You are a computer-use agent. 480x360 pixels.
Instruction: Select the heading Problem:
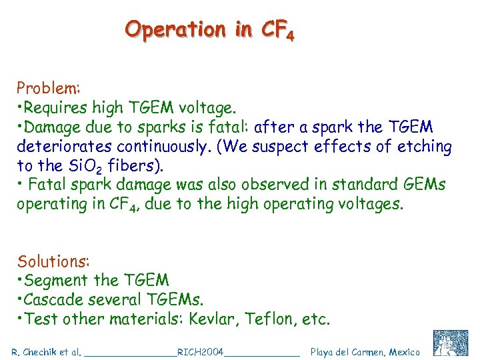pos(49,88)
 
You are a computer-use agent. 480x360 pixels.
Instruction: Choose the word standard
pos(362,185)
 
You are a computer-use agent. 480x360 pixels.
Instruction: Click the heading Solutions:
pos(53,261)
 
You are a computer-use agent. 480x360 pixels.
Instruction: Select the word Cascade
pos(57,299)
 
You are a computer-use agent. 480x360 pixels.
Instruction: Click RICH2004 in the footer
pos(200,351)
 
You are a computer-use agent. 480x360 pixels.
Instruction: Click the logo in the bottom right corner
pos(451,343)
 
